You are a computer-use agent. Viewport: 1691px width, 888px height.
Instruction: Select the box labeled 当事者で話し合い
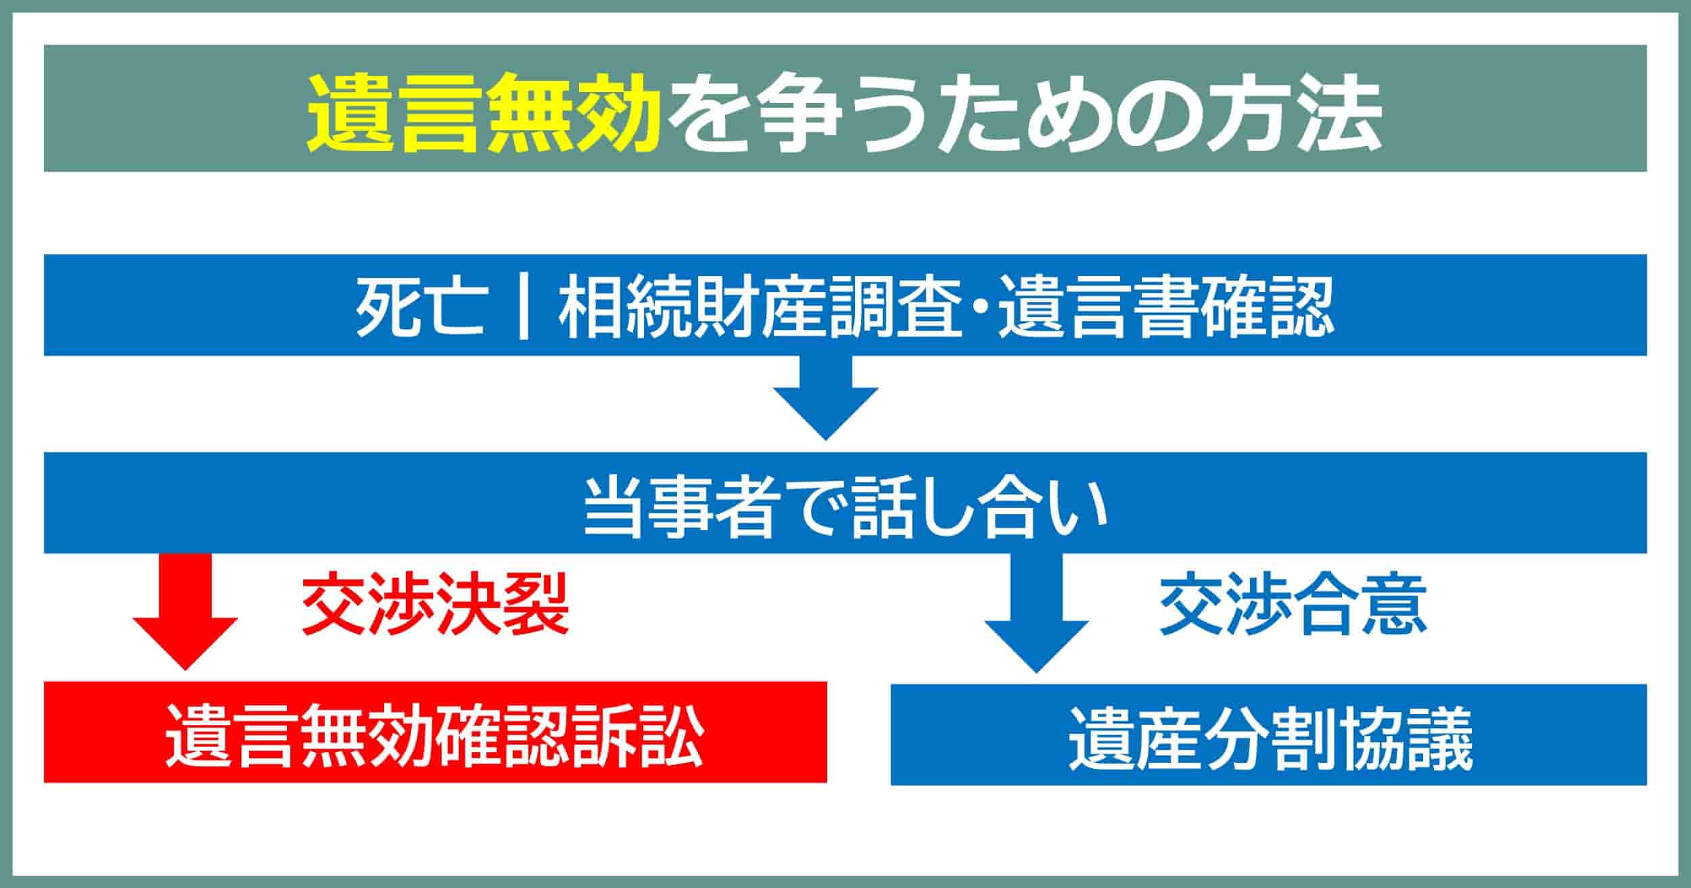coord(845,503)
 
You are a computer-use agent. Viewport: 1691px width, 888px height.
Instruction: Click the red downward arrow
coord(185,611)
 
